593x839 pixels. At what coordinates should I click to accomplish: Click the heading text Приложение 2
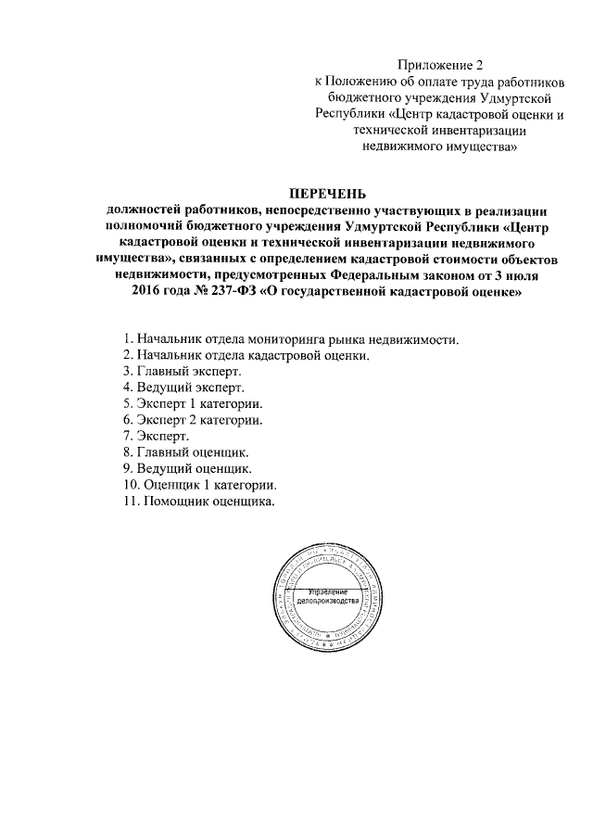(x=441, y=65)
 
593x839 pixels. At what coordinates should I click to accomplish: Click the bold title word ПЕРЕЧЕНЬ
(x=329, y=195)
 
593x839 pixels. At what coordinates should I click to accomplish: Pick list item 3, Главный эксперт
(x=182, y=372)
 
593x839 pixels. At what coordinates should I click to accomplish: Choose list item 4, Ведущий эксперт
(x=183, y=388)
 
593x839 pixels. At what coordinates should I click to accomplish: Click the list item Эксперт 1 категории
(x=192, y=405)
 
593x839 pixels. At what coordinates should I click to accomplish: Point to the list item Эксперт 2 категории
(x=192, y=421)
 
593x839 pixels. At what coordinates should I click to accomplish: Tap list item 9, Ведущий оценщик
(x=187, y=470)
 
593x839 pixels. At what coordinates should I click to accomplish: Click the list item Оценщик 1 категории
(x=197, y=486)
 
